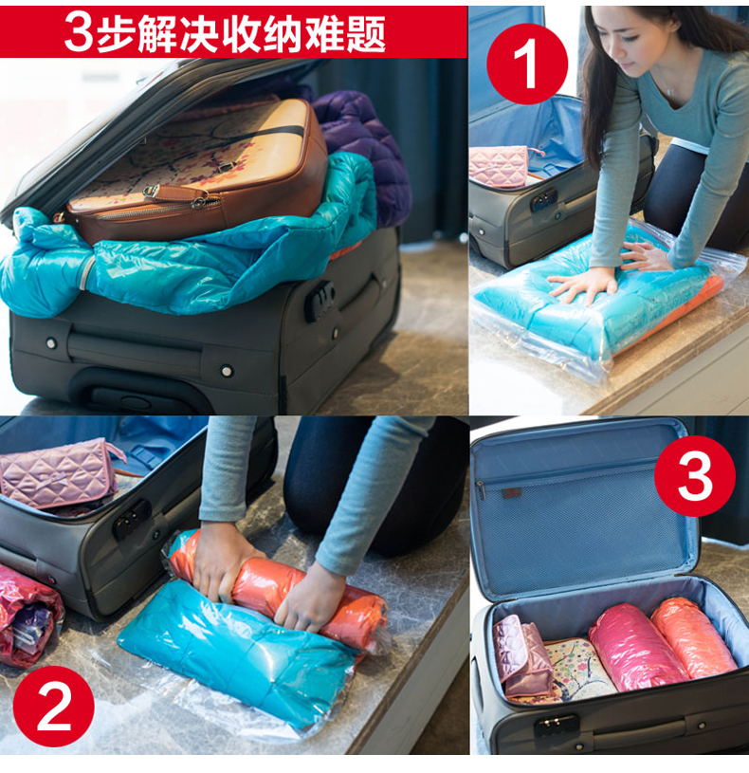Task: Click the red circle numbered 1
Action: (527, 64)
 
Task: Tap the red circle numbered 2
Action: (53, 706)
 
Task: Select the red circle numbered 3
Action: (694, 476)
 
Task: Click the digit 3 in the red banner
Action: (79, 32)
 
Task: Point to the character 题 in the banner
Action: (366, 33)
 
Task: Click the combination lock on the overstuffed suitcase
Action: (320, 300)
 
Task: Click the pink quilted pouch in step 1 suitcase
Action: (499, 166)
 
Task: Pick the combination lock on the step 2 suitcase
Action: (132, 519)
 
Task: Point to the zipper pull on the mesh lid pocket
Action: (480, 491)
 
